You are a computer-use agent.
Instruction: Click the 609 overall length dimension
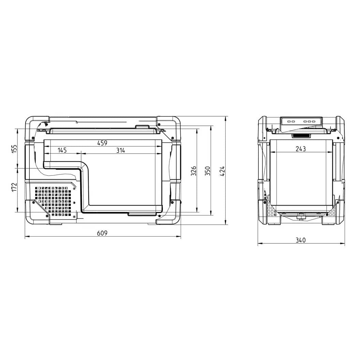[102, 233]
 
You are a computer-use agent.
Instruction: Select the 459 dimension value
[102, 143]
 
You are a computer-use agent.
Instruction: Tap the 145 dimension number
[62, 150]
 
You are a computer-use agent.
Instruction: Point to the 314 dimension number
[120, 150]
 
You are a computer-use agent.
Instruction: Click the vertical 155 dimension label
[14, 149]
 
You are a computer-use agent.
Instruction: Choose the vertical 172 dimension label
[14, 187]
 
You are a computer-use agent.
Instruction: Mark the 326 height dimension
[194, 171]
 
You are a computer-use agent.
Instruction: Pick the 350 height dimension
[208, 171]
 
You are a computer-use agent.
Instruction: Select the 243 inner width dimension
[301, 149]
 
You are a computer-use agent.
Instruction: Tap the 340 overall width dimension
[301, 240]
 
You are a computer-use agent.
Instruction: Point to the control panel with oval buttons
[301, 121]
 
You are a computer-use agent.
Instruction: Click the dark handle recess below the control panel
[301, 136]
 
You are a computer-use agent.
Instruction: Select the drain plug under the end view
[301, 217]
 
